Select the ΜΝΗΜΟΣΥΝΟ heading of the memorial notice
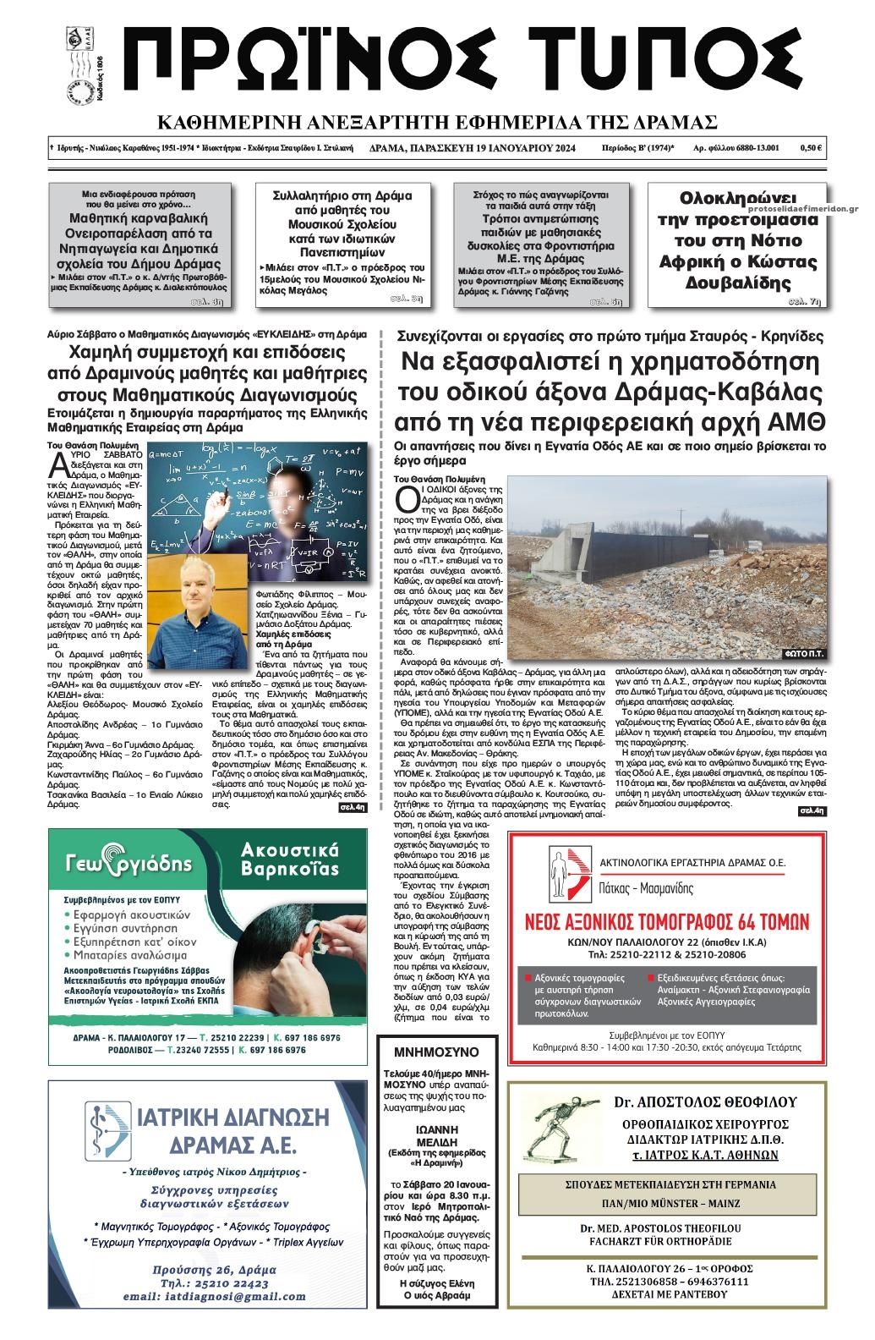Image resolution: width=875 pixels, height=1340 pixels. pyautogui.click(x=436, y=1052)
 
